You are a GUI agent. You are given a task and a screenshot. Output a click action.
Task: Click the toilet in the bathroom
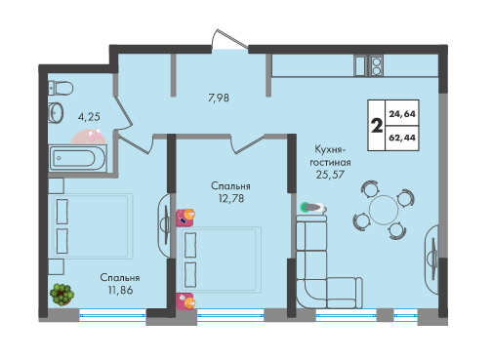(x=61, y=88)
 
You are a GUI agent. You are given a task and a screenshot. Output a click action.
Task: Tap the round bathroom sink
(x=56, y=113)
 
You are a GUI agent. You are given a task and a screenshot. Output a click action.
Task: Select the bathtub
(x=78, y=158)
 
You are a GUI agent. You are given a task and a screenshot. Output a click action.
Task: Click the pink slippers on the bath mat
(x=94, y=134)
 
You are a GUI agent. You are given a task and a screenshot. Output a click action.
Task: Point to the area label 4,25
(x=89, y=117)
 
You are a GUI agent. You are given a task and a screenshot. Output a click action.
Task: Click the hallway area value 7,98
(x=219, y=98)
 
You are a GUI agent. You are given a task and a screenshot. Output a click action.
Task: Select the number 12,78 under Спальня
(x=231, y=198)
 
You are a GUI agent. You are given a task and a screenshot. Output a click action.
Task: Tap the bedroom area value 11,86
(x=120, y=290)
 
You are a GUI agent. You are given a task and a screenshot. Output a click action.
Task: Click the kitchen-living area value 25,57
(x=330, y=175)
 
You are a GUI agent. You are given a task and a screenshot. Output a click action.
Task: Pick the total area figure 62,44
(x=402, y=138)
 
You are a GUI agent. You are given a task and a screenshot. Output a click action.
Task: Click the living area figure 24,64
(x=402, y=114)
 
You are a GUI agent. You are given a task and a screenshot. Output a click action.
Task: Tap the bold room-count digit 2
(x=377, y=126)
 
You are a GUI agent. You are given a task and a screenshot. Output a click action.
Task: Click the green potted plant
(x=61, y=295)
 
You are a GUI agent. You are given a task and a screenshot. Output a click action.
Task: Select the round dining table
(x=384, y=210)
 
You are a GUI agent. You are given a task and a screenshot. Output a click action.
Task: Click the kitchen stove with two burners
(x=376, y=65)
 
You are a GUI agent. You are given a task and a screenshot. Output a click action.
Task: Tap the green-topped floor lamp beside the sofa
(x=313, y=207)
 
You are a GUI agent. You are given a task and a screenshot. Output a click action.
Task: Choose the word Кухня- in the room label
(x=329, y=149)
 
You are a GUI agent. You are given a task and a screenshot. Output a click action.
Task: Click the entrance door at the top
(x=230, y=40)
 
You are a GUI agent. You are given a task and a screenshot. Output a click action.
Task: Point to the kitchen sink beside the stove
(x=361, y=65)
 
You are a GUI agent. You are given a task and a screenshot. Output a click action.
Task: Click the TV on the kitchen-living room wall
(x=433, y=255)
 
